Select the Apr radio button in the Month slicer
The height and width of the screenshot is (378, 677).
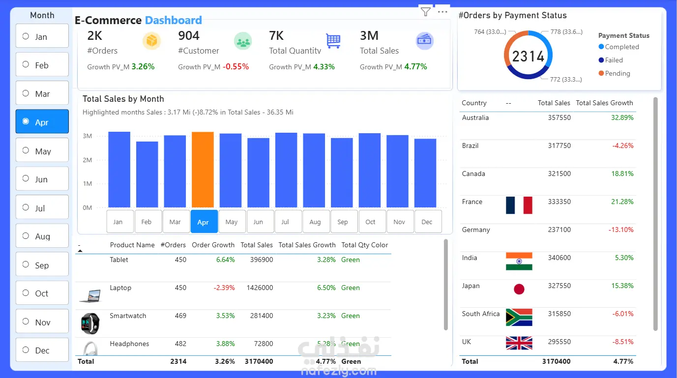point(26,121)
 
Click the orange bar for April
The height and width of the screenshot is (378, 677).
point(203,169)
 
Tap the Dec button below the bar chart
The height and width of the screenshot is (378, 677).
point(427,222)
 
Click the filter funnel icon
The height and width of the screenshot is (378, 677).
point(426,12)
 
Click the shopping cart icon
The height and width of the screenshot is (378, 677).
point(333,41)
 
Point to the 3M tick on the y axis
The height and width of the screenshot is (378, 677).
point(87,136)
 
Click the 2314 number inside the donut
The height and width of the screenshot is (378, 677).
point(528,56)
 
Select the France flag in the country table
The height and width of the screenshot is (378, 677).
point(519,205)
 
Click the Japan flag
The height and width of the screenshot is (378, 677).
point(519,289)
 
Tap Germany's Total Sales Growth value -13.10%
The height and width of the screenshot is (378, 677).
point(621,230)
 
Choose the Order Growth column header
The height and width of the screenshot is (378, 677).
point(213,245)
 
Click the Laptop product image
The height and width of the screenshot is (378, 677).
point(90,296)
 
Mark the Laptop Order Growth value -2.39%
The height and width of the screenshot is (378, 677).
point(224,288)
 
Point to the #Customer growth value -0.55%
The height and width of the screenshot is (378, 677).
point(235,66)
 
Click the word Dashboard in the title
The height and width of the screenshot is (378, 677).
point(173,21)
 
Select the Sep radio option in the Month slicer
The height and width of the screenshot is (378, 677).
point(26,264)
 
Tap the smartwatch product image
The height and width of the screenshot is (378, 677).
point(90,323)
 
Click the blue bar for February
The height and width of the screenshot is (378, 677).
point(147,174)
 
